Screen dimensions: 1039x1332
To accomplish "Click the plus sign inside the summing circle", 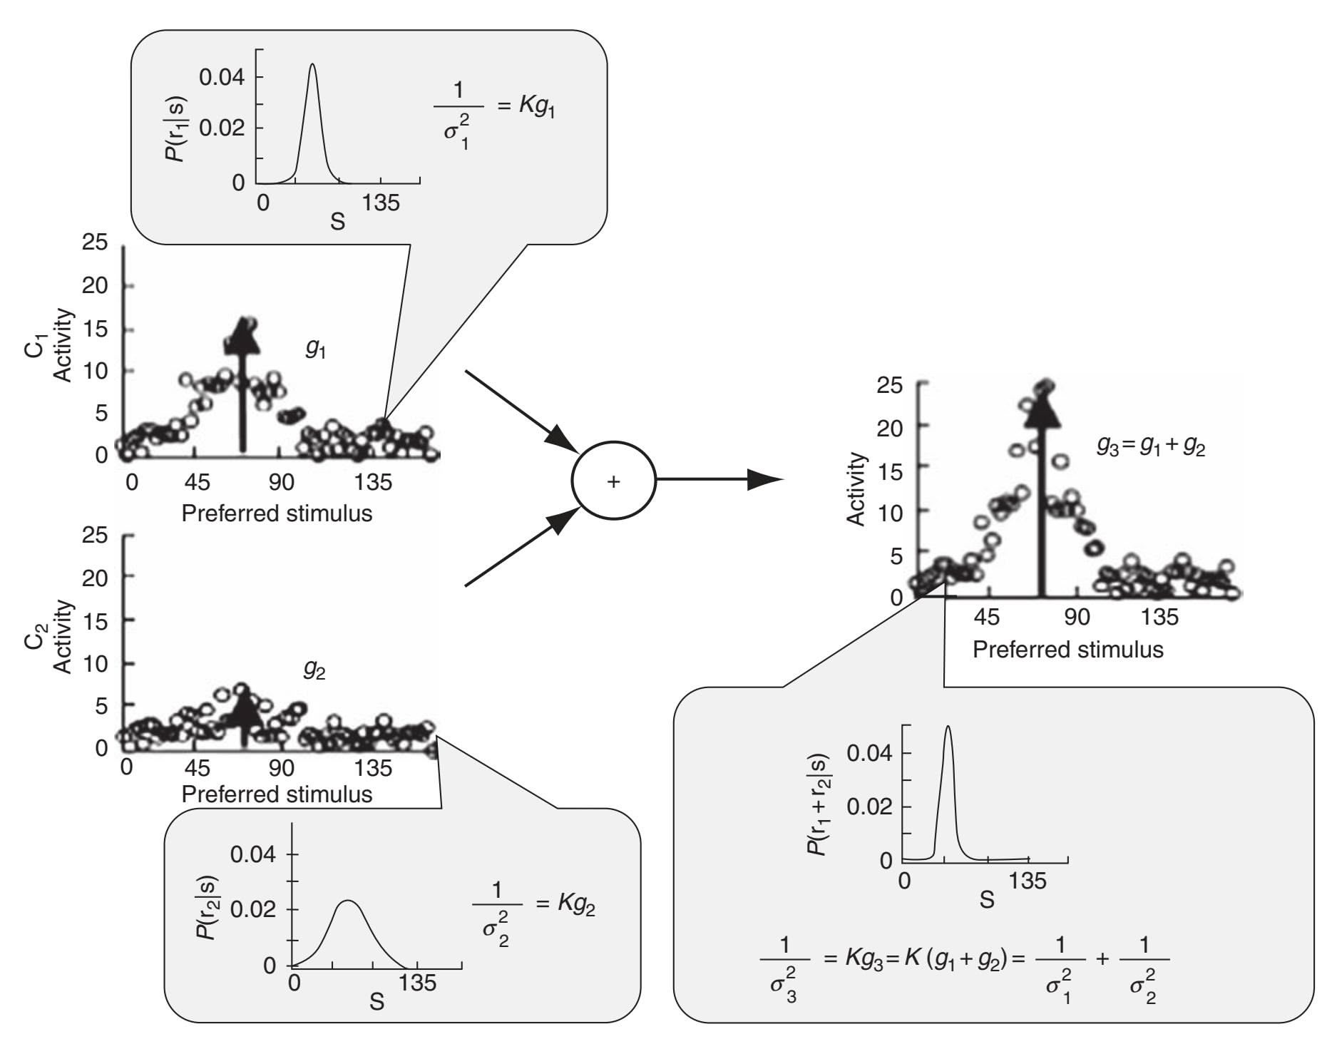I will click(613, 482).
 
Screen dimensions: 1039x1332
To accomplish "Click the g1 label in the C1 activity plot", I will click(315, 349).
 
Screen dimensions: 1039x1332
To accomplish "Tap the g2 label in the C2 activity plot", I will click(314, 669).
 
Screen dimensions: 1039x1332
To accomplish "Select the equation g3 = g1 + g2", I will click(1150, 447).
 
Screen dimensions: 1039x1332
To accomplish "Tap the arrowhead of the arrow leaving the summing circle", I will click(767, 479).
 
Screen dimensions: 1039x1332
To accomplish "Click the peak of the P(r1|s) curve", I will click(312, 64).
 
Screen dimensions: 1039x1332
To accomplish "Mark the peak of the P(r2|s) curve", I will click(347, 901).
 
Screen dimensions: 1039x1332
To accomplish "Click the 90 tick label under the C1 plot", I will click(282, 482).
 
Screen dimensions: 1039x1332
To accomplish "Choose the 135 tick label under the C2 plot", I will click(374, 769).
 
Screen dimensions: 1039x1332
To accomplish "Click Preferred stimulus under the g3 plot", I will click(1067, 649).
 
